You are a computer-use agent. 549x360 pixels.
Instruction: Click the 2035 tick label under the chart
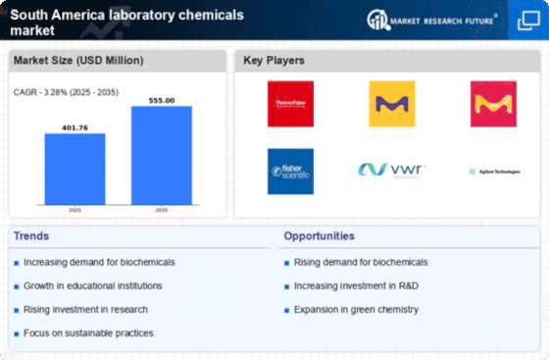pos(162,209)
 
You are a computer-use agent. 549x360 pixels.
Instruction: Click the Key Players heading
pos(274,61)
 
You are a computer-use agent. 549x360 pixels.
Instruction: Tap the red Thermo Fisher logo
pos(290,103)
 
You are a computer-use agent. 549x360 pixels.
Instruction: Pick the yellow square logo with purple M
pos(391,103)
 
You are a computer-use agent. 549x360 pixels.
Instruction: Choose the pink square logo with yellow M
pos(493,103)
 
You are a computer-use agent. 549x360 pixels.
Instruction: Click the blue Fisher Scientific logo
pos(290,171)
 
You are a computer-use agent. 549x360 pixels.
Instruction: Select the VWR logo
pos(391,170)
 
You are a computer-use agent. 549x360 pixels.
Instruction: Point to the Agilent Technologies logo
pos(493,171)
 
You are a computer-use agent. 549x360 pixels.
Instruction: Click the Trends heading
pos(30,235)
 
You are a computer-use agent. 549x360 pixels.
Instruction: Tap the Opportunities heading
pos(320,235)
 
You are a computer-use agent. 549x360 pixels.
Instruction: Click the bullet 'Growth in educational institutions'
pos(93,285)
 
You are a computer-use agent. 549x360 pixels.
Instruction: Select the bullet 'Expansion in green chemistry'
pos(356,309)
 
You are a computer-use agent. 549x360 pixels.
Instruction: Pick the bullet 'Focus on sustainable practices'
pos(88,333)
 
